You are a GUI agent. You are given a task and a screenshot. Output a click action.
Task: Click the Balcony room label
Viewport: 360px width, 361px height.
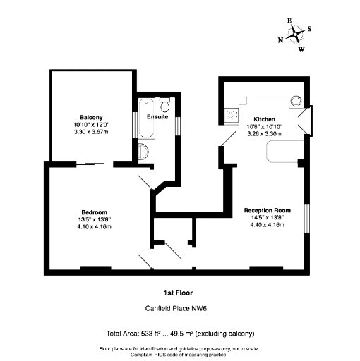click(91, 117)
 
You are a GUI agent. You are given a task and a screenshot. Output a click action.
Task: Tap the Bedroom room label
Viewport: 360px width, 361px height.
click(94, 212)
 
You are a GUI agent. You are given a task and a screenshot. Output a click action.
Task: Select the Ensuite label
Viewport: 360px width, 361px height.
click(157, 116)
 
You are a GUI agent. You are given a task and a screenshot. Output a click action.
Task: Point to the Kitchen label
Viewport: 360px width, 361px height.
click(264, 119)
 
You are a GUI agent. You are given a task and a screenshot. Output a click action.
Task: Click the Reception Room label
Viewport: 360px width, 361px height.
click(267, 210)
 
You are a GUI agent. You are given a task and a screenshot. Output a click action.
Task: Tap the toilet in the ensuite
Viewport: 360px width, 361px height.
click(165, 105)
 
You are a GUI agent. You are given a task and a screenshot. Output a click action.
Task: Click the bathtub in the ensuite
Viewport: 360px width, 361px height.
click(146, 118)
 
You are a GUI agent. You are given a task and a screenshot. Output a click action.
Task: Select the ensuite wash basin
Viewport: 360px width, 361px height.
click(143, 152)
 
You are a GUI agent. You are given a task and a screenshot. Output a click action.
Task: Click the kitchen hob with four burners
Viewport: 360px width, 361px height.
click(232, 116)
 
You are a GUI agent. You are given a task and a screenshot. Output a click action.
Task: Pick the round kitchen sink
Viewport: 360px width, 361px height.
click(296, 102)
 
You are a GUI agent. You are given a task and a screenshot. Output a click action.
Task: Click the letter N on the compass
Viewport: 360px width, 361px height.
click(280, 40)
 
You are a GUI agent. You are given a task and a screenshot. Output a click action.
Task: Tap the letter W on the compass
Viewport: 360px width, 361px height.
click(301, 49)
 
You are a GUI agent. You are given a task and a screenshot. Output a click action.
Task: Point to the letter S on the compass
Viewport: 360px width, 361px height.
click(309, 29)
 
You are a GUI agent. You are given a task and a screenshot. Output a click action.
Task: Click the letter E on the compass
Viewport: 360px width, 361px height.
click(289, 20)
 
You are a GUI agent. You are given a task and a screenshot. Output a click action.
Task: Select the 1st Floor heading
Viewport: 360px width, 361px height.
click(178, 293)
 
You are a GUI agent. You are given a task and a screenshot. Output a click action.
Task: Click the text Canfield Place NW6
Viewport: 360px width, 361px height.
click(176, 308)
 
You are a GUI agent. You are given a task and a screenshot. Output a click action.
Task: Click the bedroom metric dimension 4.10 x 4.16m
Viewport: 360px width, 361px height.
click(94, 227)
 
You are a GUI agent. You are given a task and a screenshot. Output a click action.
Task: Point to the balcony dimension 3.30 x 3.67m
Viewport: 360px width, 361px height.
click(91, 132)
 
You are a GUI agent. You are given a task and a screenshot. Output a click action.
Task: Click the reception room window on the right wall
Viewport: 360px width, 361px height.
click(307, 219)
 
